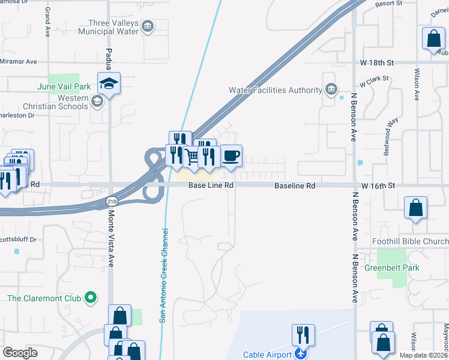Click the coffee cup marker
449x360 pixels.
point(231,156)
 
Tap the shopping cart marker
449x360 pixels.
point(192,157)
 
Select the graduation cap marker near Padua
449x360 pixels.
point(109,83)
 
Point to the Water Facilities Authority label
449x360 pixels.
point(276,90)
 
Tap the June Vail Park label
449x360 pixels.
point(64,86)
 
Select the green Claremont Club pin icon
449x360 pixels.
point(91,297)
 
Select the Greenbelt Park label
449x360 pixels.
point(391,268)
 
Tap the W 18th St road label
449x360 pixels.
point(377,62)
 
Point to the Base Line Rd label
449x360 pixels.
point(211,186)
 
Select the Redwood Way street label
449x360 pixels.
point(392,137)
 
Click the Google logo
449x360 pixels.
point(20,353)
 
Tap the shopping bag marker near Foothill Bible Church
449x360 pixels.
point(415,208)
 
